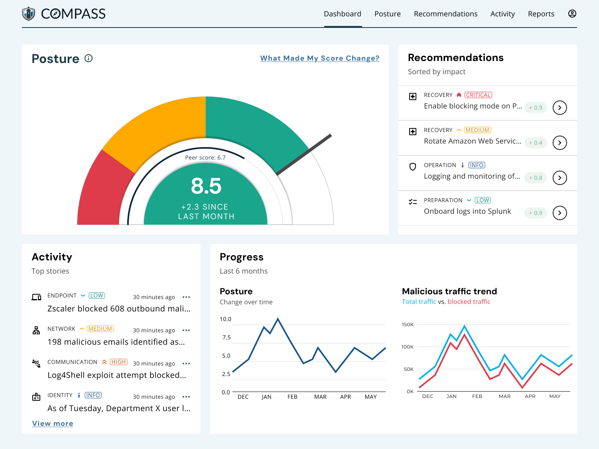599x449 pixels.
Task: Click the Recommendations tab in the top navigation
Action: (x=445, y=14)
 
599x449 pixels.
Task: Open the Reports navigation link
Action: (x=541, y=14)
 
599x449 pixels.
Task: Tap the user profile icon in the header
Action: (x=572, y=14)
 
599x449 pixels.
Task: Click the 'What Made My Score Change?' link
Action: (x=319, y=58)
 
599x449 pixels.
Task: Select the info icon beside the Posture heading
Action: (x=89, y=58)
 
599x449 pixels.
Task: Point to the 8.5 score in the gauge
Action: (x=206, y=186)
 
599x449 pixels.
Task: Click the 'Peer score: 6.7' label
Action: (x=205, y=158)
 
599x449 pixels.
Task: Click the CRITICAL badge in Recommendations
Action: (x=478, y=95)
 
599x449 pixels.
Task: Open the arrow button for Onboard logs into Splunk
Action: (x=560, y=213)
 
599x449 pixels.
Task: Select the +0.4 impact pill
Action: (x=535, y=143)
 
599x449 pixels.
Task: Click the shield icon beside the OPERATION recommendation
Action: (x=413, y=167)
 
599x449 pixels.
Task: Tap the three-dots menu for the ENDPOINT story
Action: (x=186, y=297)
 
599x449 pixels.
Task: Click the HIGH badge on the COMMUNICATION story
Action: (x=118, y=362)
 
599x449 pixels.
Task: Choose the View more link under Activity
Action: (x=53, y=423)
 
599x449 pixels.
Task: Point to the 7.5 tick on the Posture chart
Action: (x=227, y=337)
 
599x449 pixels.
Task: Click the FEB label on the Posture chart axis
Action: (x=292, y=397)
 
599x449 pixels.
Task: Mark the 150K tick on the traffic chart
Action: (x=408, y=325)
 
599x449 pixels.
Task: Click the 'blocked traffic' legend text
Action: (x=469, y=302)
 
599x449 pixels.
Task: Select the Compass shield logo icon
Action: (x=28, y=14)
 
